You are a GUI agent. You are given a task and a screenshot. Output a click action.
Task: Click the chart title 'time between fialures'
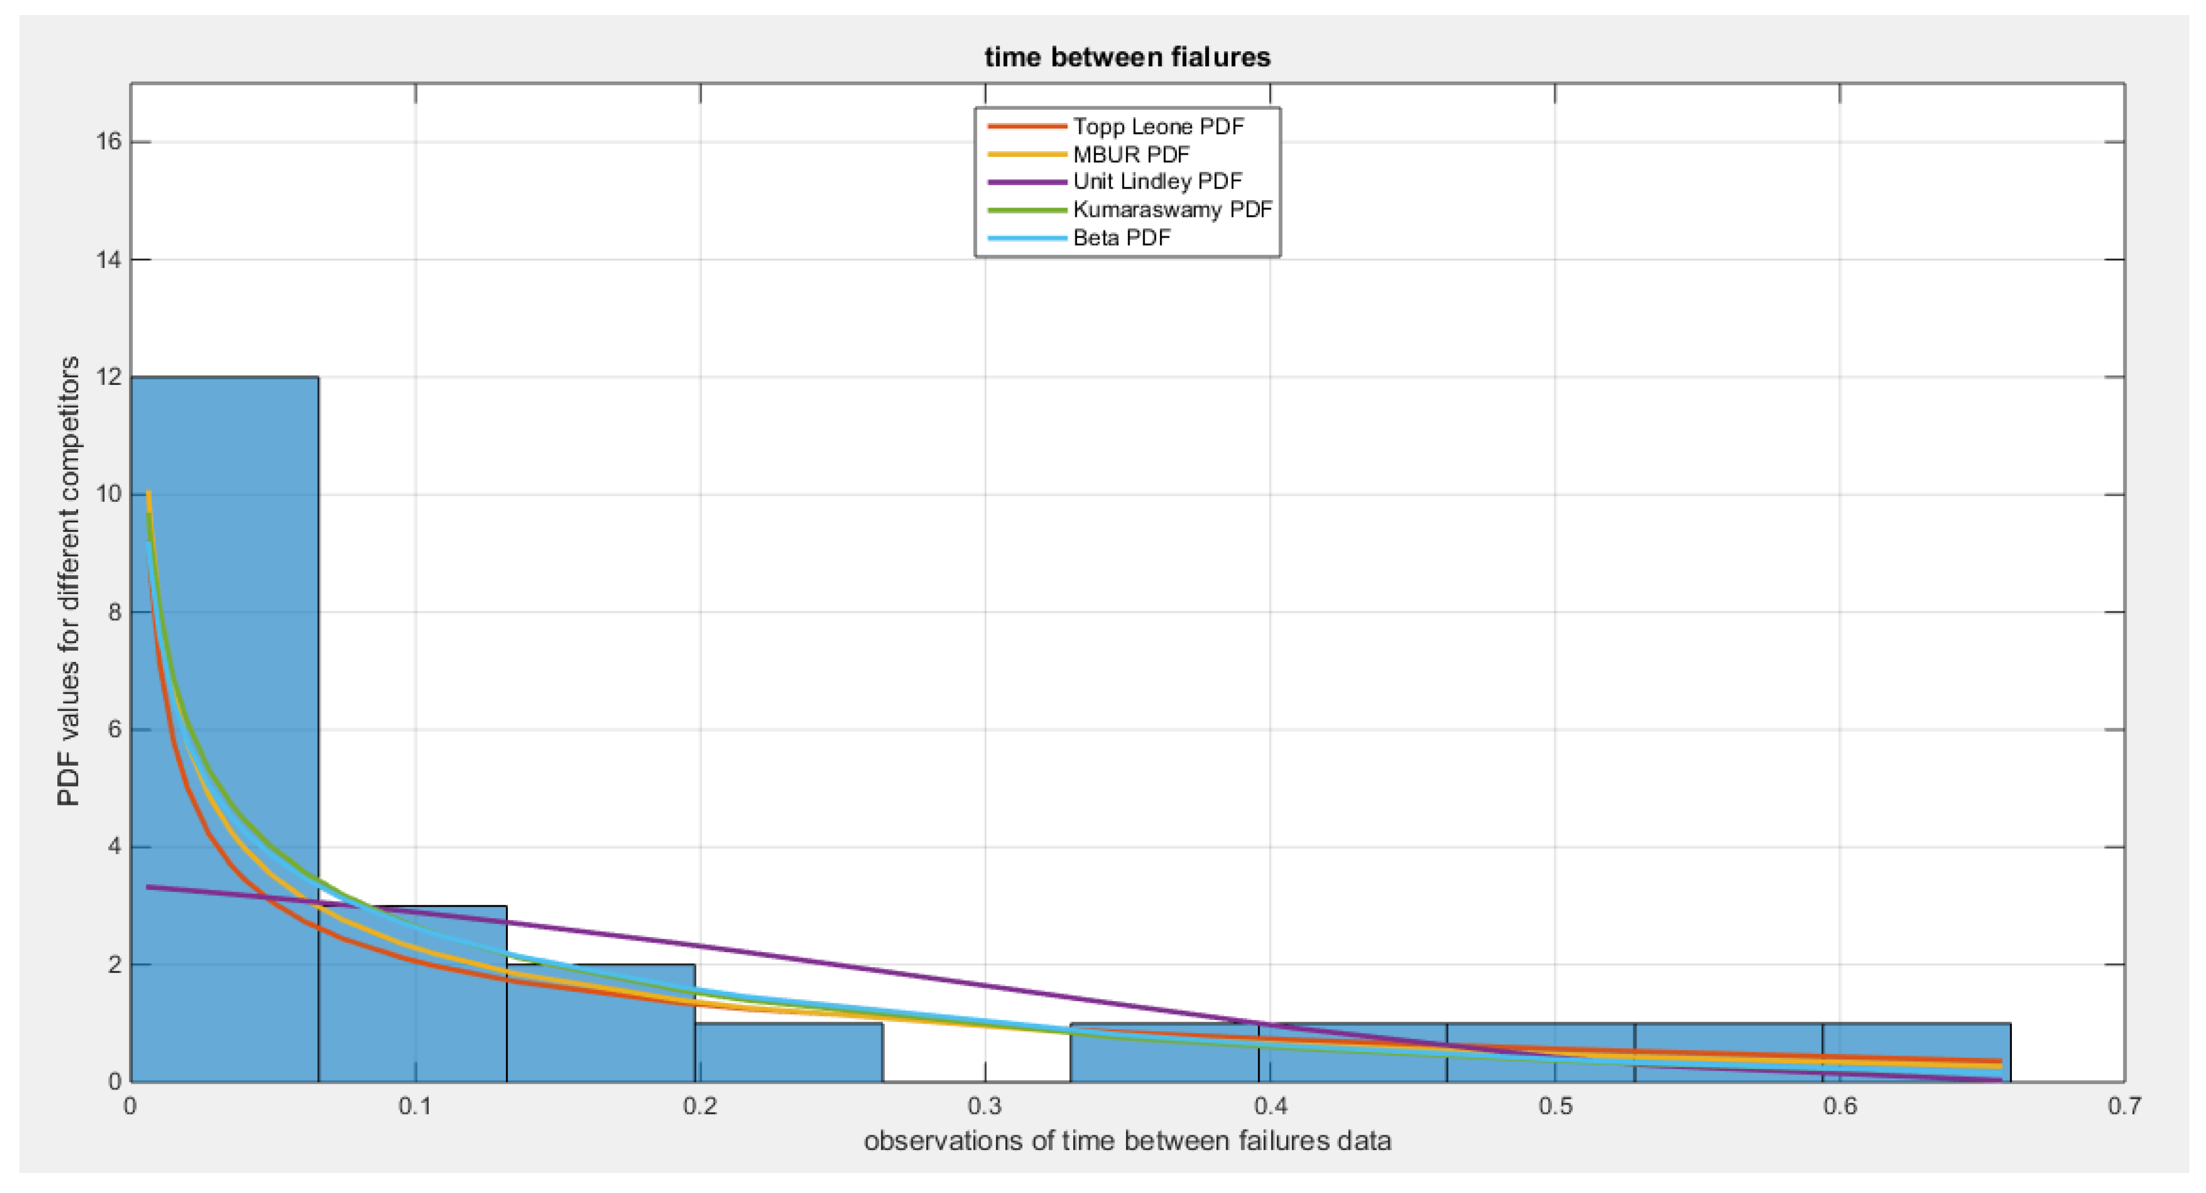coord(1127,57)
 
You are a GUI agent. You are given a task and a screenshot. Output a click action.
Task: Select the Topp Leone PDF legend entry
coord(1158,127)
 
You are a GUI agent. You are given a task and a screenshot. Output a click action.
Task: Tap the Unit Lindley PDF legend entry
coord(1157,181)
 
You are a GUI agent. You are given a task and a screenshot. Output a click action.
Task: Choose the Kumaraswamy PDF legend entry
coord(1172,210)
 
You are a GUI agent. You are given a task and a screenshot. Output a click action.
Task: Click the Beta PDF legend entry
coord(1122,238)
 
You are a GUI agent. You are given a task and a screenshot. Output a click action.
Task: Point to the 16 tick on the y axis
coord(110,142)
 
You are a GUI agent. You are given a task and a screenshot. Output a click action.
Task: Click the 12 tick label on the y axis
coord(110,378)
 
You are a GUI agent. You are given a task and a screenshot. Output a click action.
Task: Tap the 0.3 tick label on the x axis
coord(985,1106)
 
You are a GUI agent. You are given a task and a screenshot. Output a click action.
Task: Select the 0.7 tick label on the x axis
coord(2124,1106)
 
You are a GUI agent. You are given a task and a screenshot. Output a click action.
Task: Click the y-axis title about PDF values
coord(68,582)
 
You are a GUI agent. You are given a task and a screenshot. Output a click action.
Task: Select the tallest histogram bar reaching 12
coord(224,728)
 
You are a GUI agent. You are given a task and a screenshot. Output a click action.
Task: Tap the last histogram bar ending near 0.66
coord(1916,1053)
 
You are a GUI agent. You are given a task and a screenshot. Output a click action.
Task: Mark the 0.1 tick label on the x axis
coord(415,1106)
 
